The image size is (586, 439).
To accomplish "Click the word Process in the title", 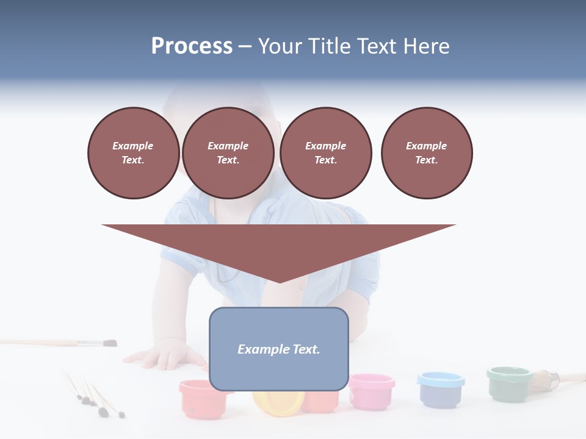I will (x=192, y=46).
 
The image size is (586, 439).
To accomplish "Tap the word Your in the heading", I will (x=282, y=46).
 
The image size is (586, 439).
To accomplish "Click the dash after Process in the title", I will (x=245, y=47).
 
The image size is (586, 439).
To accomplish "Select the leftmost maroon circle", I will (x=133, y=153).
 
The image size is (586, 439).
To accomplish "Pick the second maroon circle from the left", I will (x=228, y=153).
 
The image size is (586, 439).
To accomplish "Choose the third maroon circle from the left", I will (x=325, y=153).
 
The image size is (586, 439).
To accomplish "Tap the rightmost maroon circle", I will (x=426, y=153).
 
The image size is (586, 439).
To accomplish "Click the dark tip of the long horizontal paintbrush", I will (x=110, y=343).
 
